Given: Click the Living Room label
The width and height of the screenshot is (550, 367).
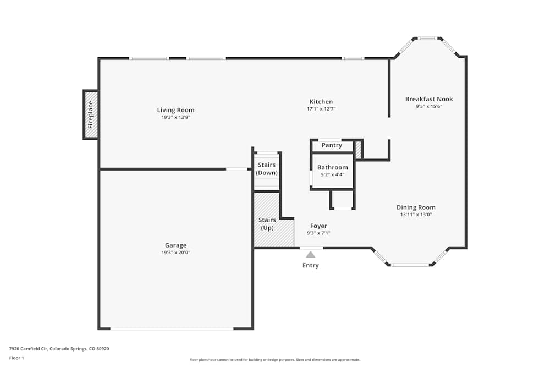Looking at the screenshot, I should tap(175, 110).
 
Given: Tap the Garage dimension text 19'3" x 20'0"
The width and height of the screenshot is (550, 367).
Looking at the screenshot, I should tap(175, 253).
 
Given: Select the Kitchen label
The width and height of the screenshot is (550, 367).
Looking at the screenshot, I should tap(321, 102).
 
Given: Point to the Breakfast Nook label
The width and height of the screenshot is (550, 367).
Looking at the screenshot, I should tap(429, 99).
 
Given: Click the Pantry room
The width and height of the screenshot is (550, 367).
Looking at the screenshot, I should tap(332, 146).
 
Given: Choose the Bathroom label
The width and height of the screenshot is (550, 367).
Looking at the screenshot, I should tap(332, 167).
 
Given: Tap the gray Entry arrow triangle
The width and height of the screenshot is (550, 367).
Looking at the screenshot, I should tap(311, 254).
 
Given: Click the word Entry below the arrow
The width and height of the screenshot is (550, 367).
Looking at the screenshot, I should tap(310, 266).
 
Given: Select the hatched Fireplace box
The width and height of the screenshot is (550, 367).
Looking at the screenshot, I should tap(91, 114).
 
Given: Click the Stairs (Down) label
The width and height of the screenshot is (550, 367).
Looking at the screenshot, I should tap(267, 168).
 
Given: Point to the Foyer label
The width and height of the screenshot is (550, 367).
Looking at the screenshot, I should tap(318, 226).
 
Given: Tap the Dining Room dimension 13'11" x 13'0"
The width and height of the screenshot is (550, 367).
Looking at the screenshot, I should tap(416, 215).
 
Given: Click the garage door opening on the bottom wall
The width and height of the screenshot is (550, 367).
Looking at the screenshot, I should tap(172, 328).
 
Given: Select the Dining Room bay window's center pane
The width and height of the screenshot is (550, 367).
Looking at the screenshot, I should tap(410, 265).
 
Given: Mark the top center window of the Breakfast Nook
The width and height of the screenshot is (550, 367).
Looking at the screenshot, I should tap(427, 39).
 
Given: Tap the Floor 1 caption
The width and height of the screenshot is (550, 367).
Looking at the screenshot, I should tap(16, 358).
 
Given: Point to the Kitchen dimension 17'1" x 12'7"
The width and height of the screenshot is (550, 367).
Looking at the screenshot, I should tap(321, 109).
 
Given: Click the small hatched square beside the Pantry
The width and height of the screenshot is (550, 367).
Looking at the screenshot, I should tap(358, 150).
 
